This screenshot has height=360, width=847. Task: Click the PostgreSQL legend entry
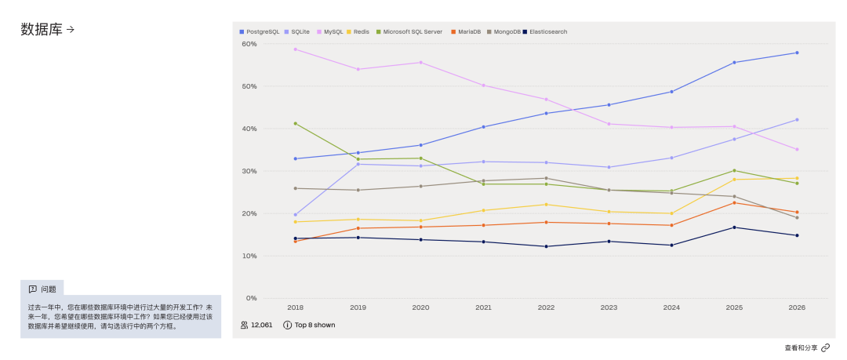click(260, 32)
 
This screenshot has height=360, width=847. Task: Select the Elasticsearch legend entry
click(545, 32)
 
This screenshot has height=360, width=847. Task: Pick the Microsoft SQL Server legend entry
click(409, 32)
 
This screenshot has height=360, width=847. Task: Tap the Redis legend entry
click(358, 32)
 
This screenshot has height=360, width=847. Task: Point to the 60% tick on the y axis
click(249, 44)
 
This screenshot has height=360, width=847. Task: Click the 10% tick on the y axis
click(249, 256)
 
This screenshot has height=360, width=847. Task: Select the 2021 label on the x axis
click(483, 307)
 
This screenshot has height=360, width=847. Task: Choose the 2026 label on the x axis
click(797, 307)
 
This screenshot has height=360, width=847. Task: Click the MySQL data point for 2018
click(296, 49)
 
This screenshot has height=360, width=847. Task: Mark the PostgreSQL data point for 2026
click(797, 53)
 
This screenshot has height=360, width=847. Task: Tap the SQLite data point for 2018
click(296, 215)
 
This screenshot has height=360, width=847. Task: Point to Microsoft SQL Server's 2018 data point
click(296, 123)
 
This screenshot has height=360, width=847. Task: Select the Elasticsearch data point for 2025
click(734, 227)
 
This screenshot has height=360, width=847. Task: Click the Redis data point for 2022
click(546, 205)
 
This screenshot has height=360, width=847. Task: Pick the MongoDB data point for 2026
click(797, 218)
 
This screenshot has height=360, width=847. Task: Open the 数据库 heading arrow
click(71, 30)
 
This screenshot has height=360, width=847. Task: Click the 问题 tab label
click(49, 289)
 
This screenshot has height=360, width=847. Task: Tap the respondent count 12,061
click(261, 325)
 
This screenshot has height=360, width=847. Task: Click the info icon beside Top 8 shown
click(287, 325)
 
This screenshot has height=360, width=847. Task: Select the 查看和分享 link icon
click(825, 347)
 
